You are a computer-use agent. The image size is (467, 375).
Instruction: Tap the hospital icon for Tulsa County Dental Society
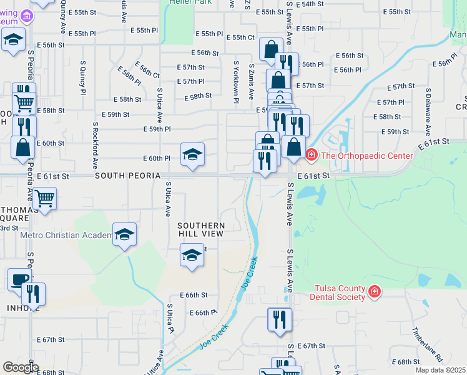[x=374, y=291]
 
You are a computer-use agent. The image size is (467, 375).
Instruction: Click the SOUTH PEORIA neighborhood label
[x=127, y=176]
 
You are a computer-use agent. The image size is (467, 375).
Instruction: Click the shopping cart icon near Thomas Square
[x=44, y=199]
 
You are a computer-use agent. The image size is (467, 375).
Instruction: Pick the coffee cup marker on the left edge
[x=19, y=281]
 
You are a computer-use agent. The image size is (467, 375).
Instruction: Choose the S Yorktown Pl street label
[x=236, y=82]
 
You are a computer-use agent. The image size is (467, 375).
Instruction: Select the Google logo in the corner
[x=20, y=367]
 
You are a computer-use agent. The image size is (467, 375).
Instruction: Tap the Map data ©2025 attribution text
[x=440, y=370]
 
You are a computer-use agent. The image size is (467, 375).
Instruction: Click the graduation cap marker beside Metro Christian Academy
[x=124, y=235]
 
